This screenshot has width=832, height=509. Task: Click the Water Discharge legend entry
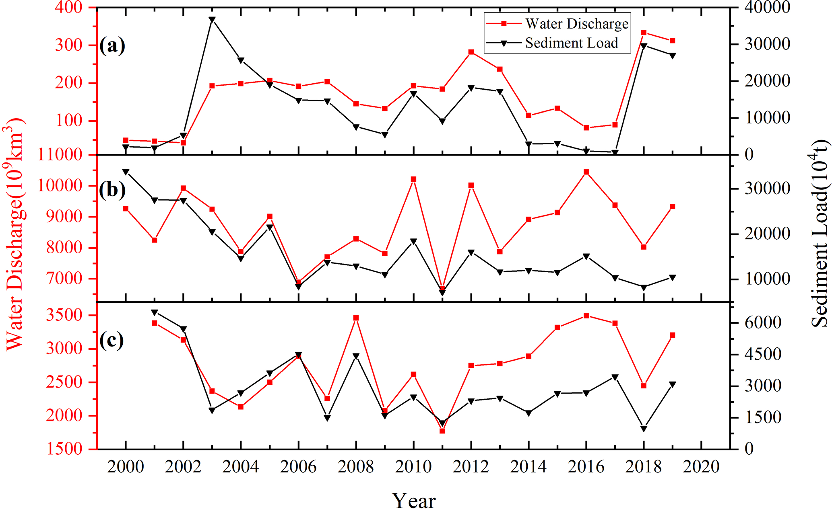pos(576,24)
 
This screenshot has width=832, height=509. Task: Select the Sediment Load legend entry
pos(571,43)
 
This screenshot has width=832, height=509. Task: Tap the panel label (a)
pos(112,45)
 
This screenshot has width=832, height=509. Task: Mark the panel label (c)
pos(111,341)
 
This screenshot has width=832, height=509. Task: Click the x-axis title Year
pos(414,501)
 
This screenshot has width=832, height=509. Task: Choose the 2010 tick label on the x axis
pos(413,467)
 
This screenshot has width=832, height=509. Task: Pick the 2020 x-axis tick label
pos(701,467)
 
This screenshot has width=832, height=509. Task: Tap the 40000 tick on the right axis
pos(767,7)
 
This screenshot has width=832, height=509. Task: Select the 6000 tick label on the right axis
pos(763,322)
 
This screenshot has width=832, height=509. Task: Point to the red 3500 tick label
pos(64,315)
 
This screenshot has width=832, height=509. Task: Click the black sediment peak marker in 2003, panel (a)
pos(212,19)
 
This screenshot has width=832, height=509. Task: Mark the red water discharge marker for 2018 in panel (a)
pos(644,33)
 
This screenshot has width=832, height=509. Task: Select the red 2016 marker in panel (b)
pos(586,172)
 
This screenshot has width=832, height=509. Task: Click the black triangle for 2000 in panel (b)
pos(126,172)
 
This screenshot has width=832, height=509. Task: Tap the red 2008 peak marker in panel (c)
pos(356,318)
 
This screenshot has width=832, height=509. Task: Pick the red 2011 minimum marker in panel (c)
pos(442,431)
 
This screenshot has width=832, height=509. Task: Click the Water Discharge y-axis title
pos(15,233)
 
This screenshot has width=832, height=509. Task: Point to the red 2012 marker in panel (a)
pos(471,52)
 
